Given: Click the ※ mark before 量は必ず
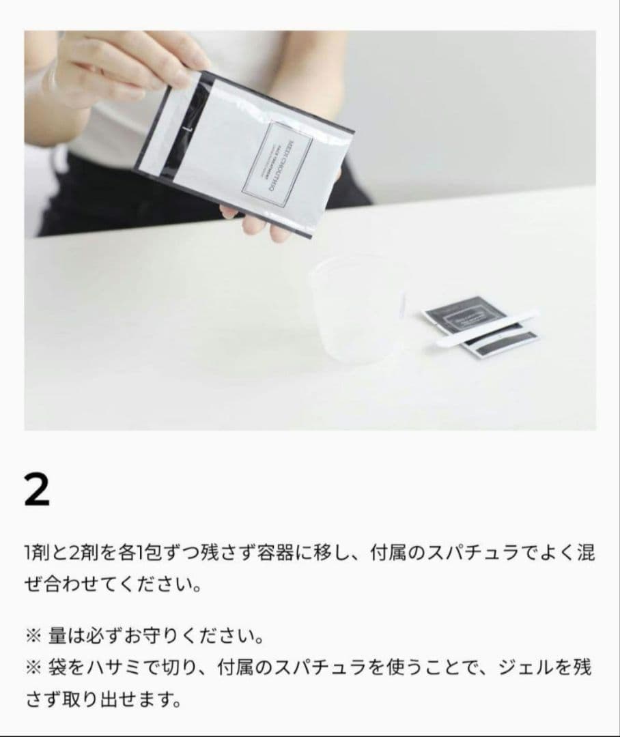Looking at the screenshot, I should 33,637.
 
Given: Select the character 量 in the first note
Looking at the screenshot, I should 57,637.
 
